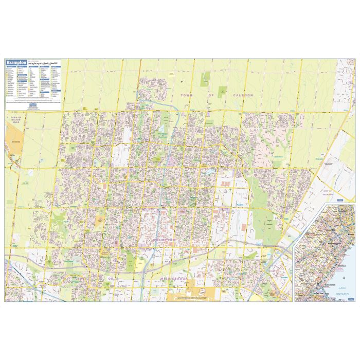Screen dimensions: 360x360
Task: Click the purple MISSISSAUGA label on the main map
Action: click(x=175, y=278)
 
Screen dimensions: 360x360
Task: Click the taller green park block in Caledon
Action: click(x=205, y=79)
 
